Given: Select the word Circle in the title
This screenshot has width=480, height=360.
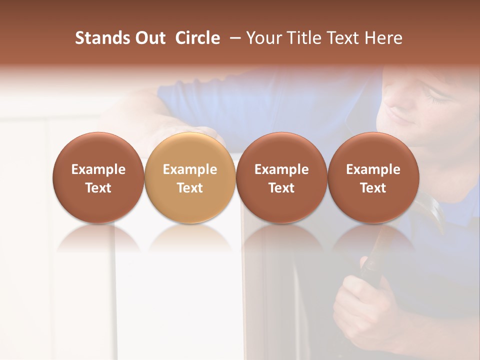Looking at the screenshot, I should click(197, 38).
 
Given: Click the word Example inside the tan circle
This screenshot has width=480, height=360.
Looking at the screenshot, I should click(190, 169).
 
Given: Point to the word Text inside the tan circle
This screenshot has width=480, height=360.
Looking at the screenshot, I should click(190, 188).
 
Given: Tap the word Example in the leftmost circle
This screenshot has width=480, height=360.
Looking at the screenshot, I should click(98, 169).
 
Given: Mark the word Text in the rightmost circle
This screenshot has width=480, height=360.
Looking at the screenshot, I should click(373, 188).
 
